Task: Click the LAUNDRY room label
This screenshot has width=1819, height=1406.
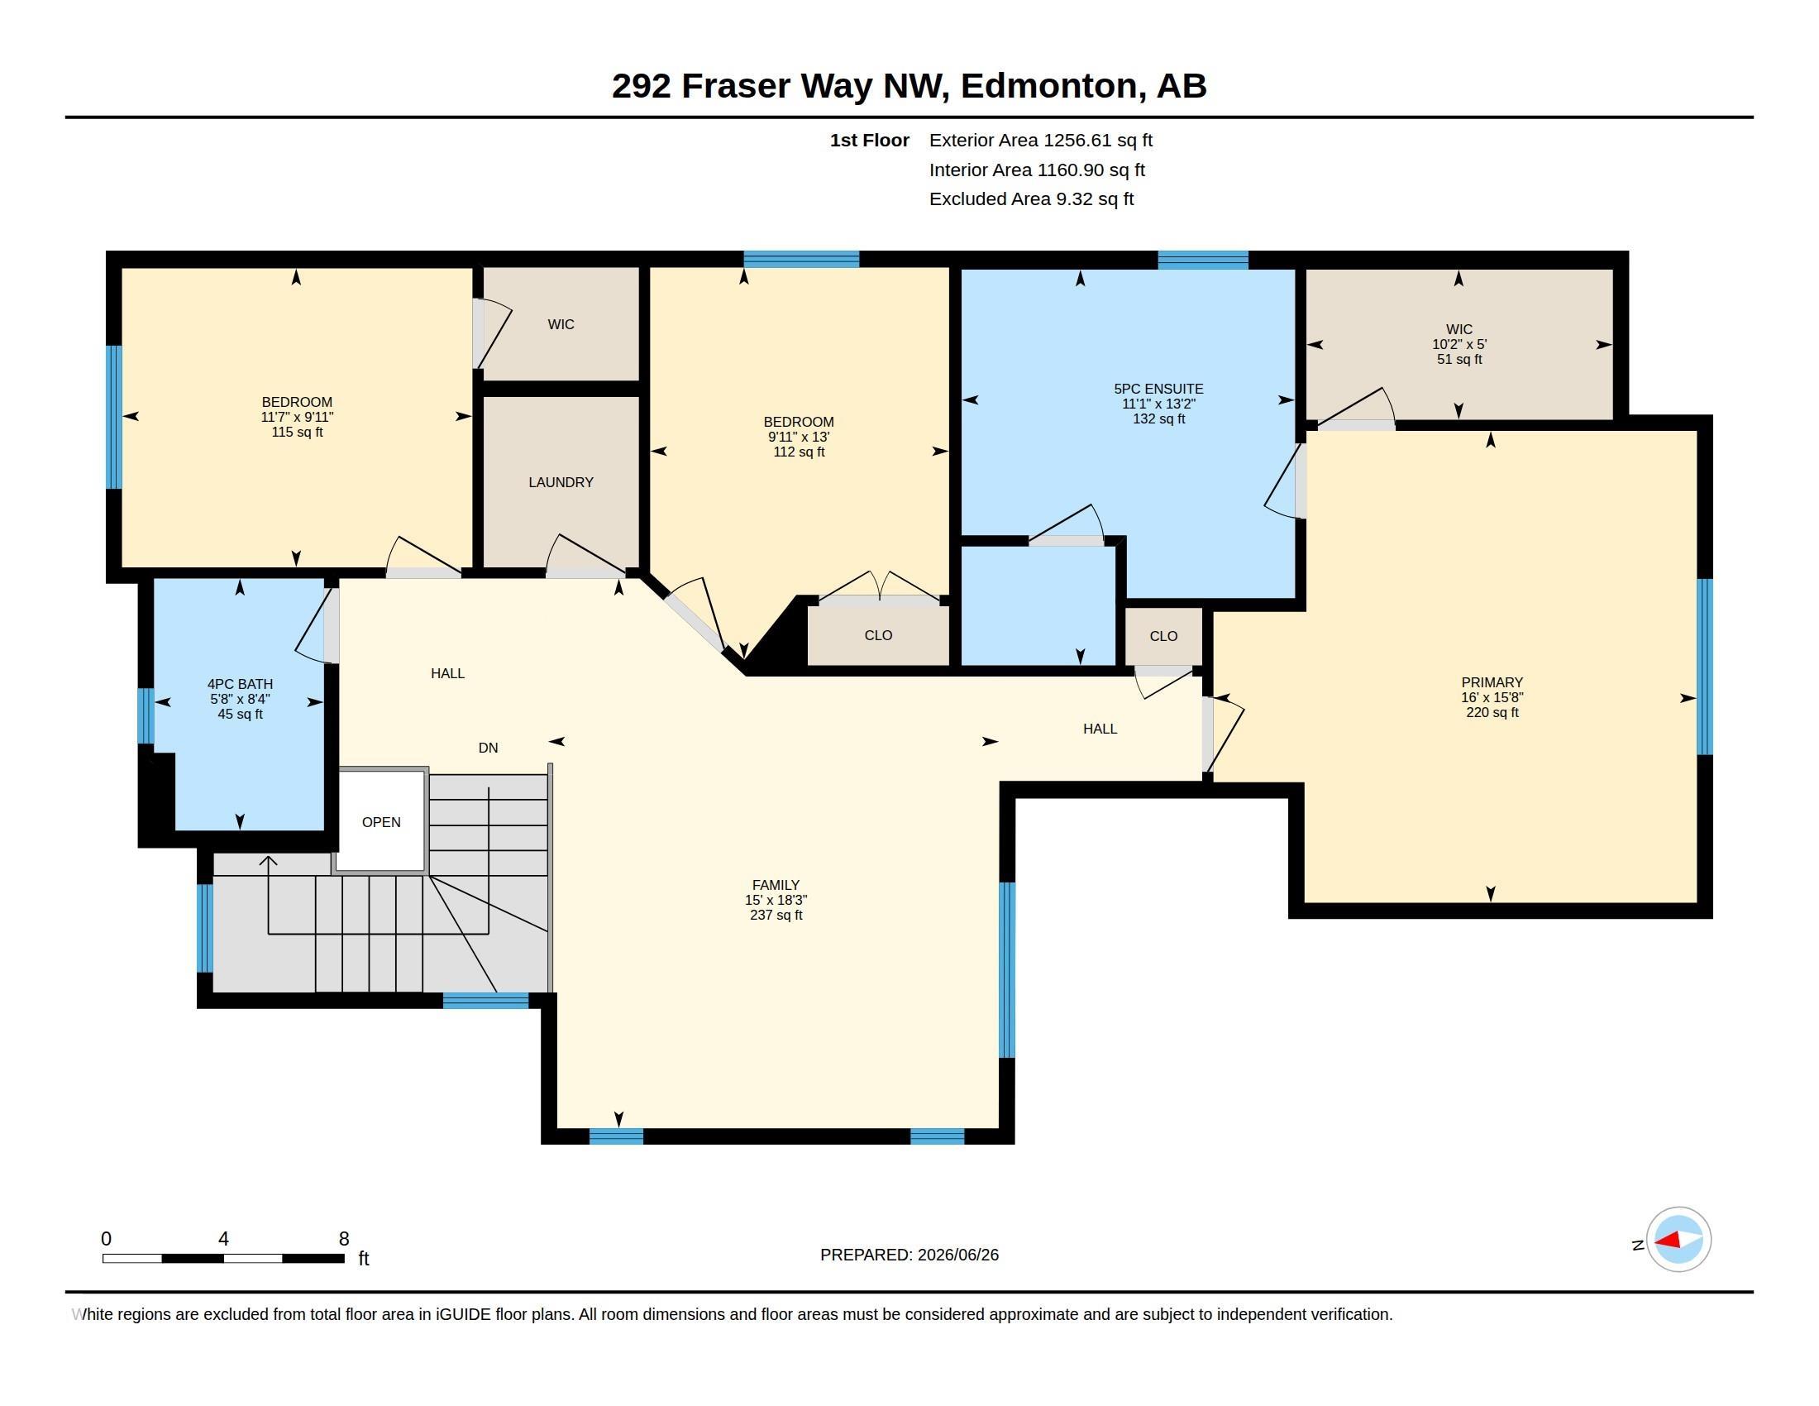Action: [561, 482]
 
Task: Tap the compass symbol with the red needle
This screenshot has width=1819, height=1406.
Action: [1678, 1240]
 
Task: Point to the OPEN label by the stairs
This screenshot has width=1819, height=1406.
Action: [381, 822]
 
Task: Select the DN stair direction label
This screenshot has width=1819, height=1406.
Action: [488, 748]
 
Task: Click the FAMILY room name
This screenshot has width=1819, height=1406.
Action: [776, 886]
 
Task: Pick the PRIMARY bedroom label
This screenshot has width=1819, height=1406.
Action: [1492, 682]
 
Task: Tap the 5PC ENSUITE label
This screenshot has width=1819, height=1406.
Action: [1158, 389]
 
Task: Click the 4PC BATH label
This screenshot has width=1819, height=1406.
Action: [240, 685]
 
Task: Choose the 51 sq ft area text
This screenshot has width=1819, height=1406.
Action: [1459, 360]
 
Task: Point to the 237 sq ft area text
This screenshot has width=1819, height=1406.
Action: [776, 916]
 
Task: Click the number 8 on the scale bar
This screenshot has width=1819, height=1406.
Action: [344, 1239]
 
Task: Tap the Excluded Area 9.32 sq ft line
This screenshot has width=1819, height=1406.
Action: [1031, 199]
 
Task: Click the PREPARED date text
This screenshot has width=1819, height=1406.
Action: [909, 1255]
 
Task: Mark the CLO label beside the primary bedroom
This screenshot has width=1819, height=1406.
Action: [1163, 636]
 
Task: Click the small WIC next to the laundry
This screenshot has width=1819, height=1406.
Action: [561, 325]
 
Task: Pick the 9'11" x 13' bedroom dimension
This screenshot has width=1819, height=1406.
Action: [798, 438]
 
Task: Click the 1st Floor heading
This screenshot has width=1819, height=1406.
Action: [870, 141]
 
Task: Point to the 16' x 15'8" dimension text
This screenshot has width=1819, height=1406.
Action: [1492, 698]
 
